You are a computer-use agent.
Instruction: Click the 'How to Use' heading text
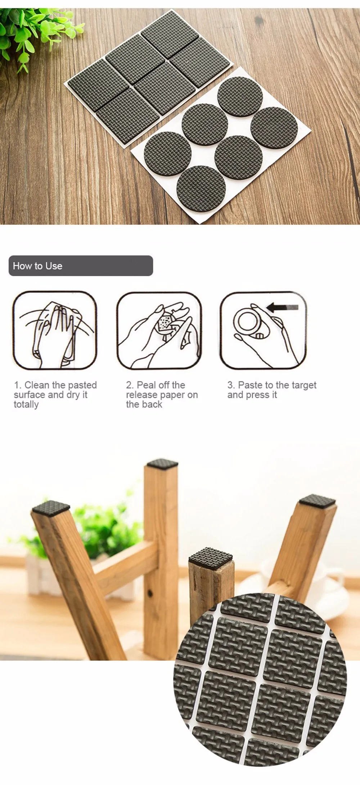pyautogui.click(x=37, y=266)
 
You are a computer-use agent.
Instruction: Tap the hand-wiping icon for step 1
pyautogui.click(x=55, y=330)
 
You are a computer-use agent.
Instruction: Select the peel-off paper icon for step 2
pyautogui.click(x=159, y=330)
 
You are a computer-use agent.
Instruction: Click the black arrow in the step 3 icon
pyautogui.click(x=283, y=307)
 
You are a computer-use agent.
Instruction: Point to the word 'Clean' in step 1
pyautogui.click(x=37, y=385)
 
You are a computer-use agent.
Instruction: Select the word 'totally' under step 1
pyautogui.click(x=26, y=404)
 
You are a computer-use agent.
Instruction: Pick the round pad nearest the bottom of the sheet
pyautogui.click(x=201, y=188)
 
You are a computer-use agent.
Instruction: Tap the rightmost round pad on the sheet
pyautogui.click(x=274, y=127)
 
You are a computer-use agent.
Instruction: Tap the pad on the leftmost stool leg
pyautogui.click(x=51, y=507)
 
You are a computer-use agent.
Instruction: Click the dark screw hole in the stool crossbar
pyautogui.click(x=150, y=592)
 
